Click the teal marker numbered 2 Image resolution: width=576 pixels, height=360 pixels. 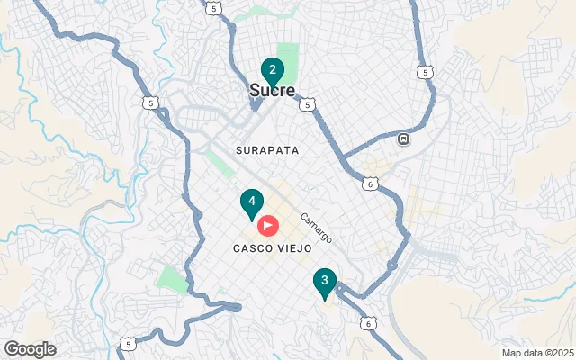272,70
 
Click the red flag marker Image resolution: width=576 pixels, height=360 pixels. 267,225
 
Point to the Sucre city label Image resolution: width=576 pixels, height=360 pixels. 272,91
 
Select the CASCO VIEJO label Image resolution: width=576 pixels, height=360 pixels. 272,247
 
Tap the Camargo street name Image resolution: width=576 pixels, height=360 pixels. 317,228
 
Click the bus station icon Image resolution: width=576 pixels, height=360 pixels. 404,139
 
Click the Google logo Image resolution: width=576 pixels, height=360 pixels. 29,349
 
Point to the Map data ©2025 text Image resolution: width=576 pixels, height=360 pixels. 537,353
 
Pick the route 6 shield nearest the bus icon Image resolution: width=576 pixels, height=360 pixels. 371,184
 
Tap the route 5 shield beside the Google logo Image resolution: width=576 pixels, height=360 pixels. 130,344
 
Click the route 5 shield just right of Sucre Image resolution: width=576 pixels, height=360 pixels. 308,105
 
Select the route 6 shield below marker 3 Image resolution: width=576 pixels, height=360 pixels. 366,323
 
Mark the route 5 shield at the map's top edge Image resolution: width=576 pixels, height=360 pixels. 213,8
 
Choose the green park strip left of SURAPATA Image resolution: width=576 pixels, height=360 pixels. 219,163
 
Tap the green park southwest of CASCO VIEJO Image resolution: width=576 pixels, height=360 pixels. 172,278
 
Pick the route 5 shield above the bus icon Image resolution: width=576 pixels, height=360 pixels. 424,71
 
